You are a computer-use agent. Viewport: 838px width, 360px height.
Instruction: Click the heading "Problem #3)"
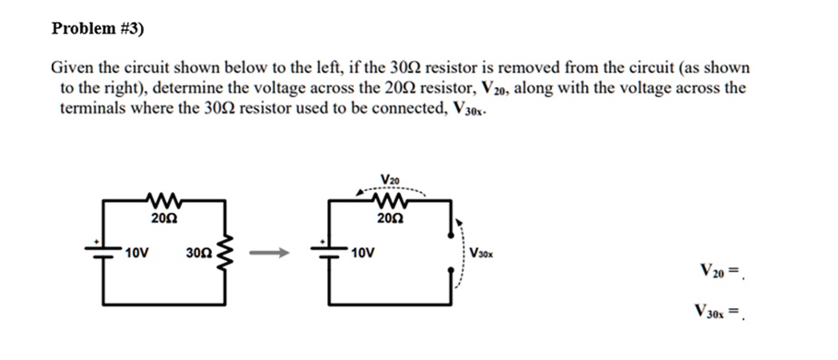[x=96, y=28]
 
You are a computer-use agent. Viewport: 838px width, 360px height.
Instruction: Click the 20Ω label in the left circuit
[x=165, y=217]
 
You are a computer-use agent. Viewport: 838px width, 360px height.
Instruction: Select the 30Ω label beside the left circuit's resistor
[x=197, y=249]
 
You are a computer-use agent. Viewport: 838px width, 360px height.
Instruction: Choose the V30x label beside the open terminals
[x=483, y=251]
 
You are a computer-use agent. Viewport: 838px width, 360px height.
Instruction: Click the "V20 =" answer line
[x=722, y=270]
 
